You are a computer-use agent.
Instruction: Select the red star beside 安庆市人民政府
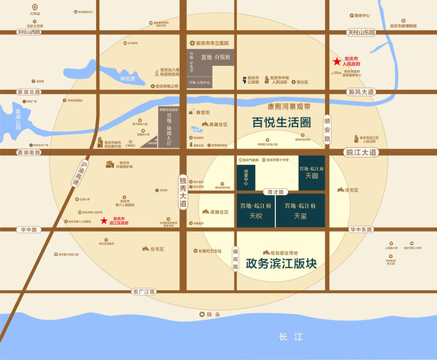[x=337, y=62]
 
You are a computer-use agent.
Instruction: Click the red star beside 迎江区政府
[x=103, y=220]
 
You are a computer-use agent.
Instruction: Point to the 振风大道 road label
[x=361, y=91]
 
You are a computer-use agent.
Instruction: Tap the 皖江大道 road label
[x=363, y=151]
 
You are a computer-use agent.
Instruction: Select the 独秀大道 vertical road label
[x=183, y=192]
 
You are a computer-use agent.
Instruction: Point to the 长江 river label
[x=289, y=337]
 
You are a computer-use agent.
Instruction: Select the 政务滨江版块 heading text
[x=276, y=265]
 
